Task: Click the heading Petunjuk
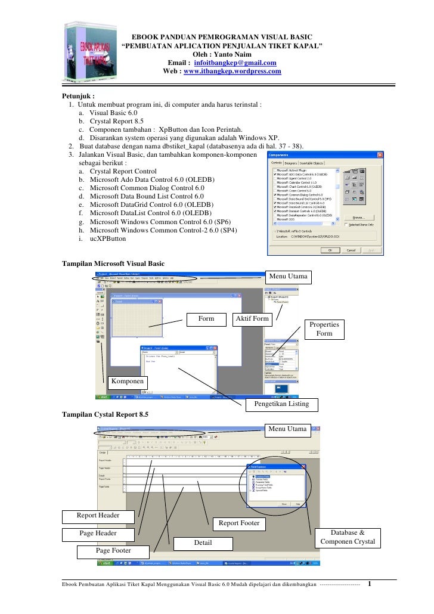(x=79, y=95)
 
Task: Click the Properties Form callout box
(x=324, y=329)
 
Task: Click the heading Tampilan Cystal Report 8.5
(x=106, y=414)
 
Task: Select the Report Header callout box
(x=98, y=515)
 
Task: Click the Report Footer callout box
(x=238, y=523)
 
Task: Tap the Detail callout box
(x=203, y=543)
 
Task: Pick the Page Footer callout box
(x=113, y=550)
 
